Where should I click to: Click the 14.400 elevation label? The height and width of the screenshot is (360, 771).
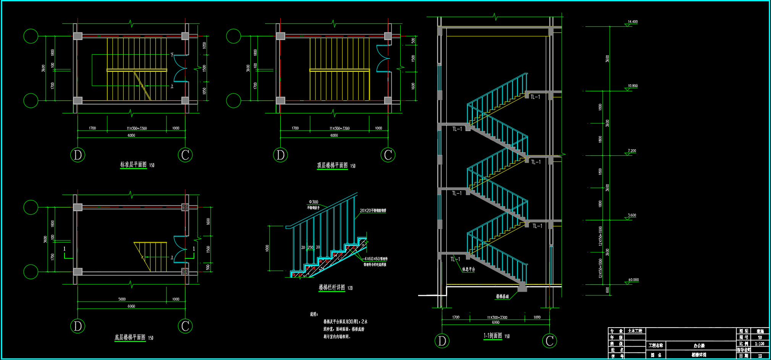(632, 22)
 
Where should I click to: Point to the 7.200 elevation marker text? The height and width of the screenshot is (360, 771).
(632, 151)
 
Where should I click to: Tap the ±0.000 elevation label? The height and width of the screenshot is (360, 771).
(633, 280)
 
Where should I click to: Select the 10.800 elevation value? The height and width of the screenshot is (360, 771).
(632, 86)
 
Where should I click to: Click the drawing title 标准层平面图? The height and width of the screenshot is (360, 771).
(133, 165)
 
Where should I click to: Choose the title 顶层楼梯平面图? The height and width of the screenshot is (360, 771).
(332, 165)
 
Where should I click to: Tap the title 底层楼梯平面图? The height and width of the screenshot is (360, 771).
(130, 337)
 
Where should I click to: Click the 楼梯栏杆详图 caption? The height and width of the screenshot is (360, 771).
(332, 287)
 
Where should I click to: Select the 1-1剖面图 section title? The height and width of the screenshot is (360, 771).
(493, 336)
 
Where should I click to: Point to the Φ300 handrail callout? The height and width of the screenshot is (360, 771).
(314, 202)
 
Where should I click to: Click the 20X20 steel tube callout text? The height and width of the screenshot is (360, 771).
(373, 210)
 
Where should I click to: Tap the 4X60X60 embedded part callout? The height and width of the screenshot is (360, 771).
(375, 259)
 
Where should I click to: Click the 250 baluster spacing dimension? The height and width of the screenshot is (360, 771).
(310, 247)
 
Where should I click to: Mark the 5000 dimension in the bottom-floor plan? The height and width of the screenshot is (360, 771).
(122, 299)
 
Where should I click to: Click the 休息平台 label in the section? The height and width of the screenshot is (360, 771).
(469, 269)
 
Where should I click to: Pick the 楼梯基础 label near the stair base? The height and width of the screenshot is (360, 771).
(502, 296)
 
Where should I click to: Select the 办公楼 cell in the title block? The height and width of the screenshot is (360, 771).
(699, 345)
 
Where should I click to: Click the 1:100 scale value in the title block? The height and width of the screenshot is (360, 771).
(760, 344)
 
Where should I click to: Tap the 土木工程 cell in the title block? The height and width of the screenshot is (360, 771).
(635, 331)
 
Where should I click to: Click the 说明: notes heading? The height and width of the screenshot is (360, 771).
(314, 314)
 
